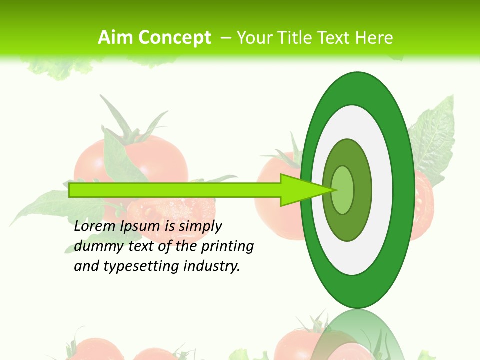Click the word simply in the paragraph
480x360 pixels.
[x=200, y=227]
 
